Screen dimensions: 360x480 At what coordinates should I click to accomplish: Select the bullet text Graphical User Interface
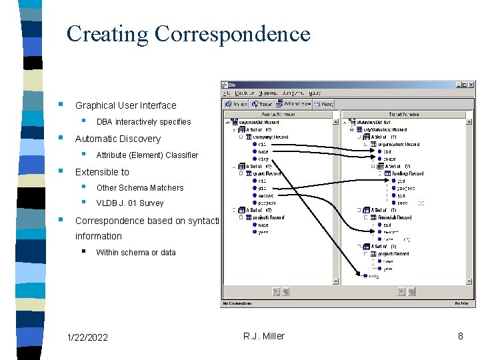pos(125,105)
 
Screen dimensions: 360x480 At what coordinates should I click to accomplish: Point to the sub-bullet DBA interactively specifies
pos(143,122)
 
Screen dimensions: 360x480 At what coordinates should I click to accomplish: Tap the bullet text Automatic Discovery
pos(117,139)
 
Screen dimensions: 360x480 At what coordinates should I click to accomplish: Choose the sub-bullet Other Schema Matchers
pos(139,188)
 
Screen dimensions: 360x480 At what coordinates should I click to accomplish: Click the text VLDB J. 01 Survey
pos(129,203)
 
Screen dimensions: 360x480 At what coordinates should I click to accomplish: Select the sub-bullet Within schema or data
pos(135,253)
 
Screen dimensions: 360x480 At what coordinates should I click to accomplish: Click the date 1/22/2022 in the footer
pos(87,337)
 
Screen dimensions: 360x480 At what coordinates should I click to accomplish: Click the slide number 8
pos(460,336)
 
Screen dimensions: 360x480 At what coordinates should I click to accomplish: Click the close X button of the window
pos(471,85)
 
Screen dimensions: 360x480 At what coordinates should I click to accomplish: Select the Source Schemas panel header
pos(280,115)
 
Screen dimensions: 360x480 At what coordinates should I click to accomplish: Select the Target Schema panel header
pos(407,115)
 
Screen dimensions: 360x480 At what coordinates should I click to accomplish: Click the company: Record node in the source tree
pos(268,136)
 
